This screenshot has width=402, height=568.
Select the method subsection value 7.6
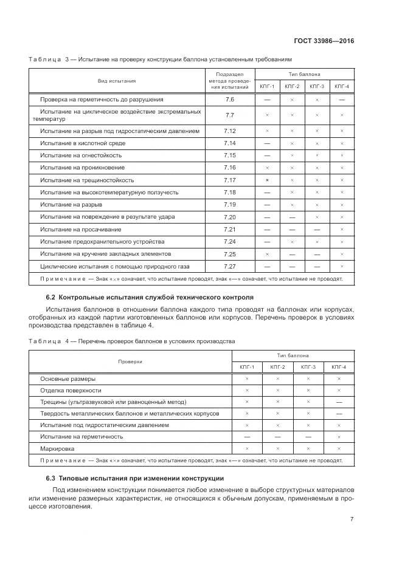click(x=229, y=99)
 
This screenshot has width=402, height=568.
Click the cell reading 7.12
click(x=229, y=131)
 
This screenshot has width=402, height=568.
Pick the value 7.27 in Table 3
click(x=229, y=266)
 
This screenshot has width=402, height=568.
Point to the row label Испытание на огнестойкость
click(x=78, y=156)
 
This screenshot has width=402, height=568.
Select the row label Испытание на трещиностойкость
click(x=86, y=180)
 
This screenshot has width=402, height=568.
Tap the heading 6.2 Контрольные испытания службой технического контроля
click(x=150, y=297)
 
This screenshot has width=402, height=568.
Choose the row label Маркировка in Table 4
click(x=57, y=448)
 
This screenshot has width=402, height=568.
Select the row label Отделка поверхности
click(x=71, y=390)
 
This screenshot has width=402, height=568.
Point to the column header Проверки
click(x=130, y=361)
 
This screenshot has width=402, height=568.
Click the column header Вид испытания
click(x=117, y=80)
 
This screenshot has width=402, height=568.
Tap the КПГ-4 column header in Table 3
click(x=342, y=86)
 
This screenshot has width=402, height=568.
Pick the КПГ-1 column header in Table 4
click(x=247, y=367)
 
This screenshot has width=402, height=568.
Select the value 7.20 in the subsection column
click(x=229, y=217)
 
